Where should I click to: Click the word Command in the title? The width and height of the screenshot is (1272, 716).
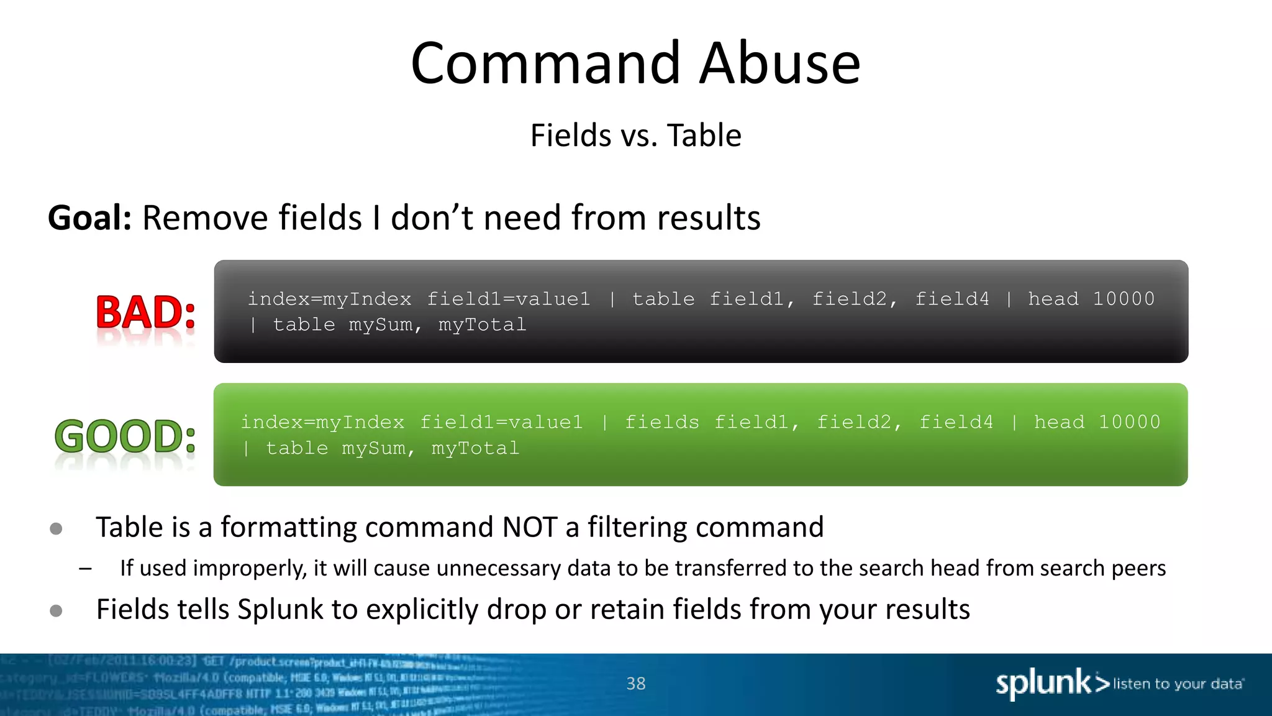[545, 63]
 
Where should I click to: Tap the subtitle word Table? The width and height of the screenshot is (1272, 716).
[704, 135]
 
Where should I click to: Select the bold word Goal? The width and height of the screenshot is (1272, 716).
[90, 218]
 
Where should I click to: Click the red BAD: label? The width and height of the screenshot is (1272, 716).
[146, 312]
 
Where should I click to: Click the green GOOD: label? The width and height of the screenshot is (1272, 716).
[125, 436]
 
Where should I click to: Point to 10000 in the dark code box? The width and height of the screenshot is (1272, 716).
[1124, 299]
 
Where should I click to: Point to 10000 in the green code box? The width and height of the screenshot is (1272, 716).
[1129, 422]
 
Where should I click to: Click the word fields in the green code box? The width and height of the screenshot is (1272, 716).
[661, 422]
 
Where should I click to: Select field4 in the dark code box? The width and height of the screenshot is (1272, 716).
[952, 299]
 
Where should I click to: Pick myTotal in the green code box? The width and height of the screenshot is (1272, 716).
[475, 448]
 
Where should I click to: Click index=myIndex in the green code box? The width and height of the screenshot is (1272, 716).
[322, 422]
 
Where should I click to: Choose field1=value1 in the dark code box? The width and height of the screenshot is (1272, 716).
[508, 299]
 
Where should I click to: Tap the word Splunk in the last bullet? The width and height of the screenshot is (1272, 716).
[280, 609]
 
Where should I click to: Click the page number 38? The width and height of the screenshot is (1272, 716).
[636, 684]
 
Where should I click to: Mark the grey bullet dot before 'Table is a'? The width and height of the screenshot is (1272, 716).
[56, 529]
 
